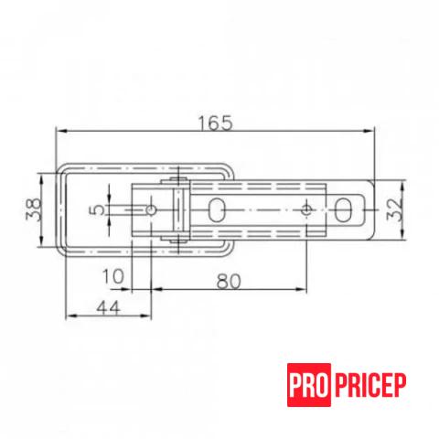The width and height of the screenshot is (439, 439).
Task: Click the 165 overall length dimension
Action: click(215, 123)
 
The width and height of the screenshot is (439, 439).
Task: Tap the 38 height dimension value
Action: click(34, 209)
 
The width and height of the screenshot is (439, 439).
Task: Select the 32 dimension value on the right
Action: click(394, 209)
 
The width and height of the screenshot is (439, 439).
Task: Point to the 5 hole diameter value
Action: click(97, 209)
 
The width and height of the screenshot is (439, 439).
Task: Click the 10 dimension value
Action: click(112, 276)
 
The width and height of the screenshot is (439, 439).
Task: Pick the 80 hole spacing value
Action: click(229, 281)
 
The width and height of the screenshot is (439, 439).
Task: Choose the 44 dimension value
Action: click(109, 307)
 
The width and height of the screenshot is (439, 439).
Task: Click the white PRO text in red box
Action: click(309, 385)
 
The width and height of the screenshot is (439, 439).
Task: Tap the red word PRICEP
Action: click(370, 385)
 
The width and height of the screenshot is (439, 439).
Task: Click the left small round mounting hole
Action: click(151, 209)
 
